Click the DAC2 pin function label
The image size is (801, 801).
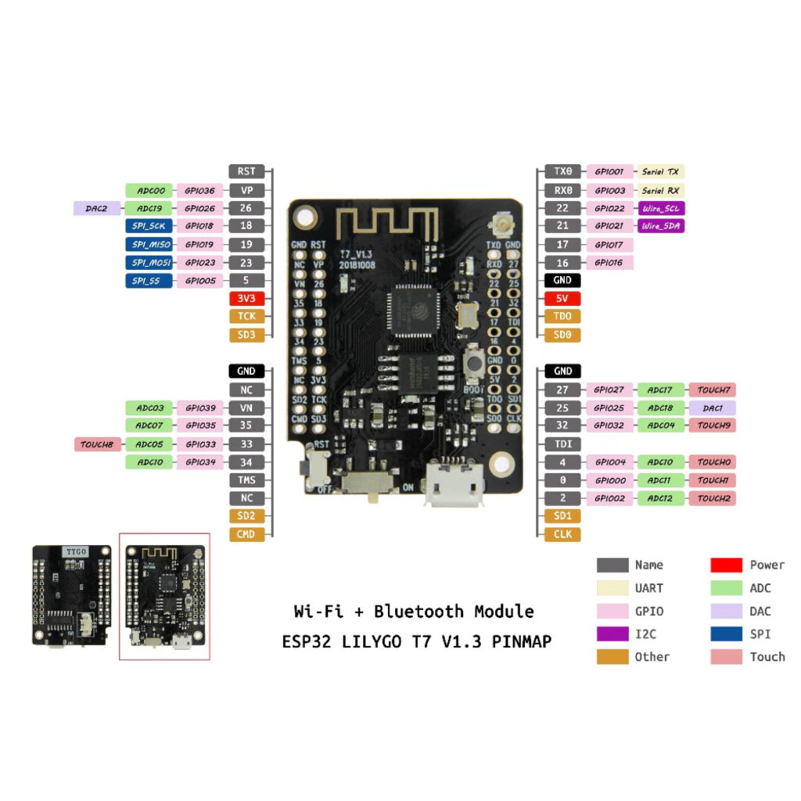(97, 208)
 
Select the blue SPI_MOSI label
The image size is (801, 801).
(149, 262)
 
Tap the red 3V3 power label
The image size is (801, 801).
(246, 298)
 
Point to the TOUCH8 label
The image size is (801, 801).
(97, 444)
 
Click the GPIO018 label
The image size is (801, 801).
(199, 226)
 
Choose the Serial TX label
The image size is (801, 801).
(661, 171)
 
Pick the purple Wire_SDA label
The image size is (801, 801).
(661, 226)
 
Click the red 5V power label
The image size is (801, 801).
(562, 298)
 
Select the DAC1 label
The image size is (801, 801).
(712, 408)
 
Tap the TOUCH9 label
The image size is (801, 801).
(712, 426)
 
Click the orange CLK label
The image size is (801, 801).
(562, 534)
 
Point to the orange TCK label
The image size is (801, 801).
(246, 316)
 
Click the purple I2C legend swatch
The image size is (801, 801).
(612, 634)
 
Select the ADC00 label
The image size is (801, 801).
(149, 190)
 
